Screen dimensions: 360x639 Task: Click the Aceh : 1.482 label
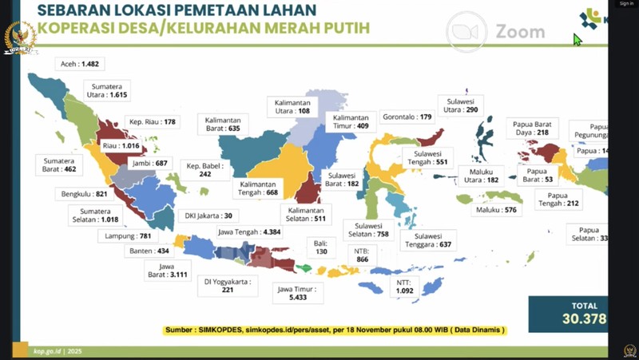coord(81,63)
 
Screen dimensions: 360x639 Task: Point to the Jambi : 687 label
coord(151,163)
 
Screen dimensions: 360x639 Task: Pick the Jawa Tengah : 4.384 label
coord(248,232)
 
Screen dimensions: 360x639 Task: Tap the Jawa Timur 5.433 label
coord(296,292)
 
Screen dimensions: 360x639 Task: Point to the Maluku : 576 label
coord(497,210)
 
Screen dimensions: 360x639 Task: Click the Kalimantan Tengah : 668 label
coord(259,187)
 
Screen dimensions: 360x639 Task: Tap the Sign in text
coord(625,3)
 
